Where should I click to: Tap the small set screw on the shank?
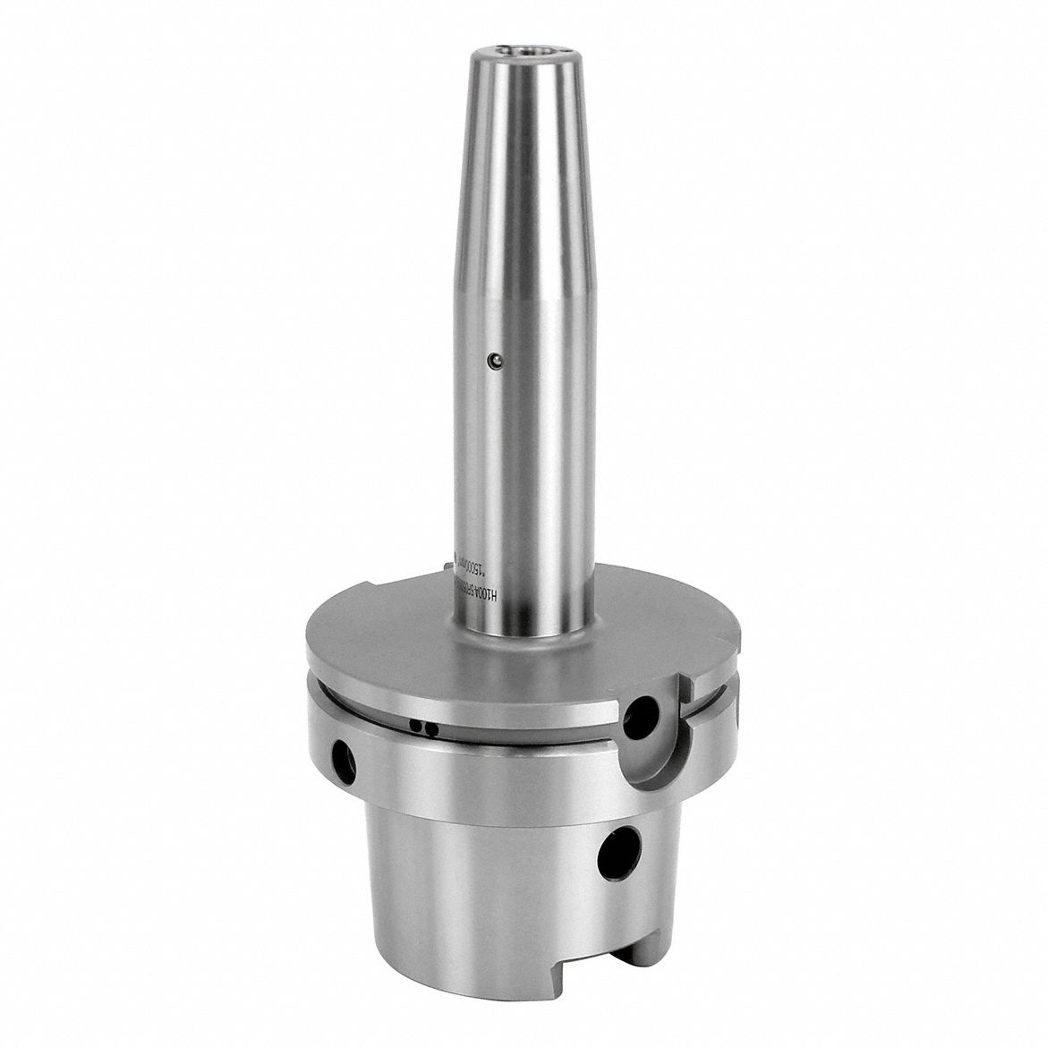(491, 361)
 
